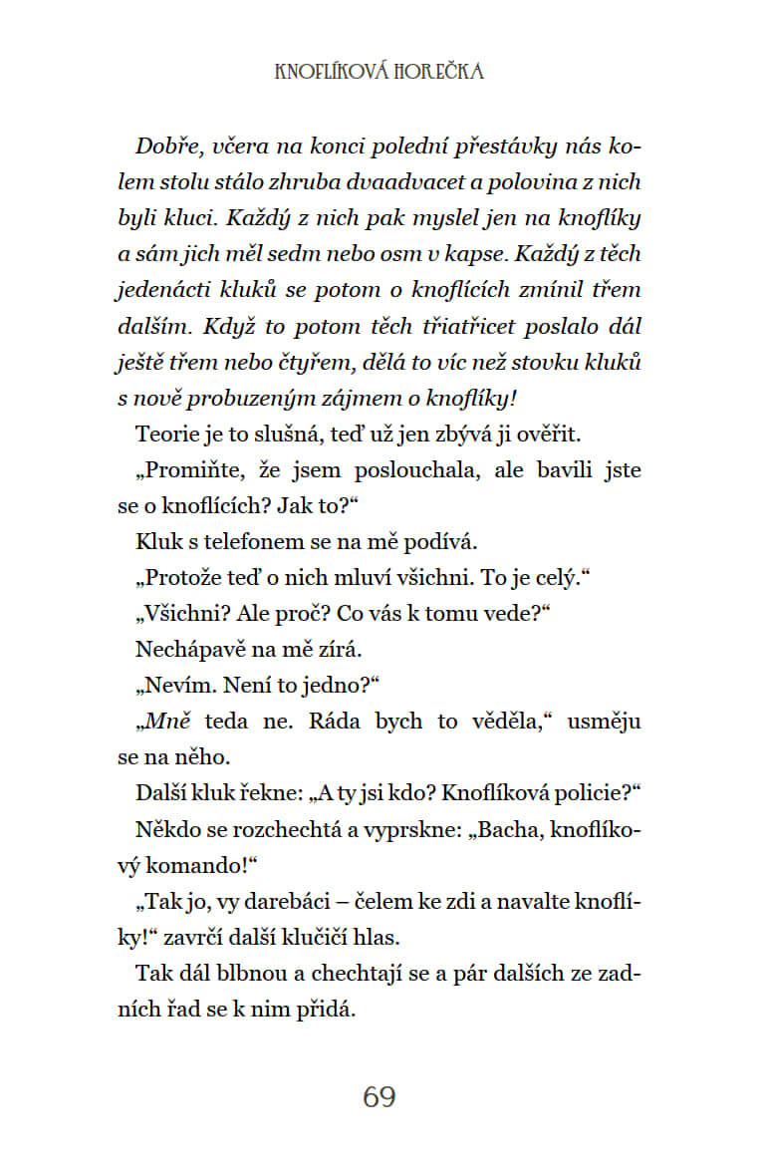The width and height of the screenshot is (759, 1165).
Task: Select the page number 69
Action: tap(379, 1097)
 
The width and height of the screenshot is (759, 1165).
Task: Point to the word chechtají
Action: tap(349, 973)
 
